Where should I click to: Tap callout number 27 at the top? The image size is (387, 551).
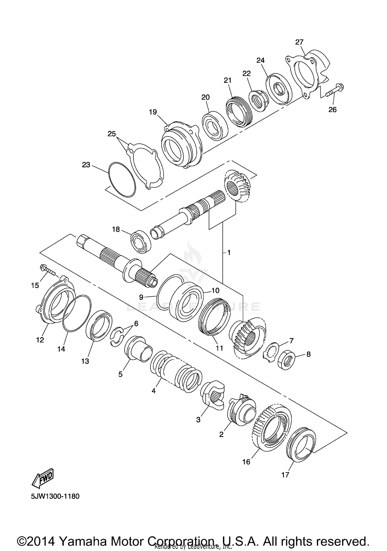click(299, 42)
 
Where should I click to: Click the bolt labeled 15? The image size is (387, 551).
click(48, 271)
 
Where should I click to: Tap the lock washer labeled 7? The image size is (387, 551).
click(272, 350)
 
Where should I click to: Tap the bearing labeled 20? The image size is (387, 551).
click(215, 126)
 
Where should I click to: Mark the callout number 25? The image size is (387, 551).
click(112, 134)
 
